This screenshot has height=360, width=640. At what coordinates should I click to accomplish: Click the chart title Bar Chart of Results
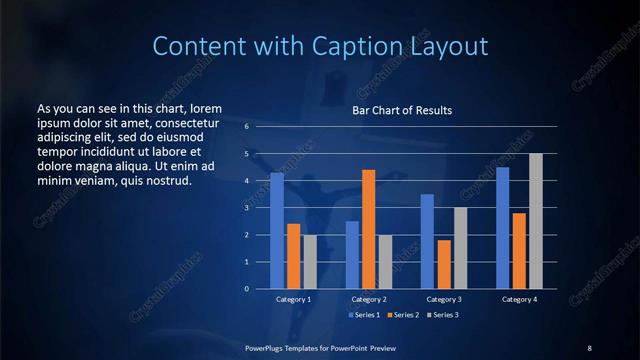[401, 110]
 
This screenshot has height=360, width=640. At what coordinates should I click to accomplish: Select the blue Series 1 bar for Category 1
[277, 230]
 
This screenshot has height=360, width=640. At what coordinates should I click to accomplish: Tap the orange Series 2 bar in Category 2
[369, 229]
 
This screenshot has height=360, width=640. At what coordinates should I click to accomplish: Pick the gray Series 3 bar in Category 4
[536, 221]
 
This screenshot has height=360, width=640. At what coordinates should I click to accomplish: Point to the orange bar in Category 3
[444, 264]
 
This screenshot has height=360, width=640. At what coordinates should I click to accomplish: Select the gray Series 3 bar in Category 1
[310, 261]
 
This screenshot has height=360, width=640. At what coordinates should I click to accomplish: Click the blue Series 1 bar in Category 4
[503, 227]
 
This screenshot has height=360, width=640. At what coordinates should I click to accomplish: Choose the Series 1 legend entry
[366, 315]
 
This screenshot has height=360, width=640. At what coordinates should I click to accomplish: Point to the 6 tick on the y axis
[247, 127]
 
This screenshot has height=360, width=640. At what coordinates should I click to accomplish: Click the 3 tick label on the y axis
[247, 208]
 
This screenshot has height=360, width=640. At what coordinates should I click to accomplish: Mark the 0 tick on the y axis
[247, 289]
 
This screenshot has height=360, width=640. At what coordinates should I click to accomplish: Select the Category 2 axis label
[369, 299]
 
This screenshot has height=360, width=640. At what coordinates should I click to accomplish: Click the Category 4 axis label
[519, 299]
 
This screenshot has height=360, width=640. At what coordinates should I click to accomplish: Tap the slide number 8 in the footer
[589, 347]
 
